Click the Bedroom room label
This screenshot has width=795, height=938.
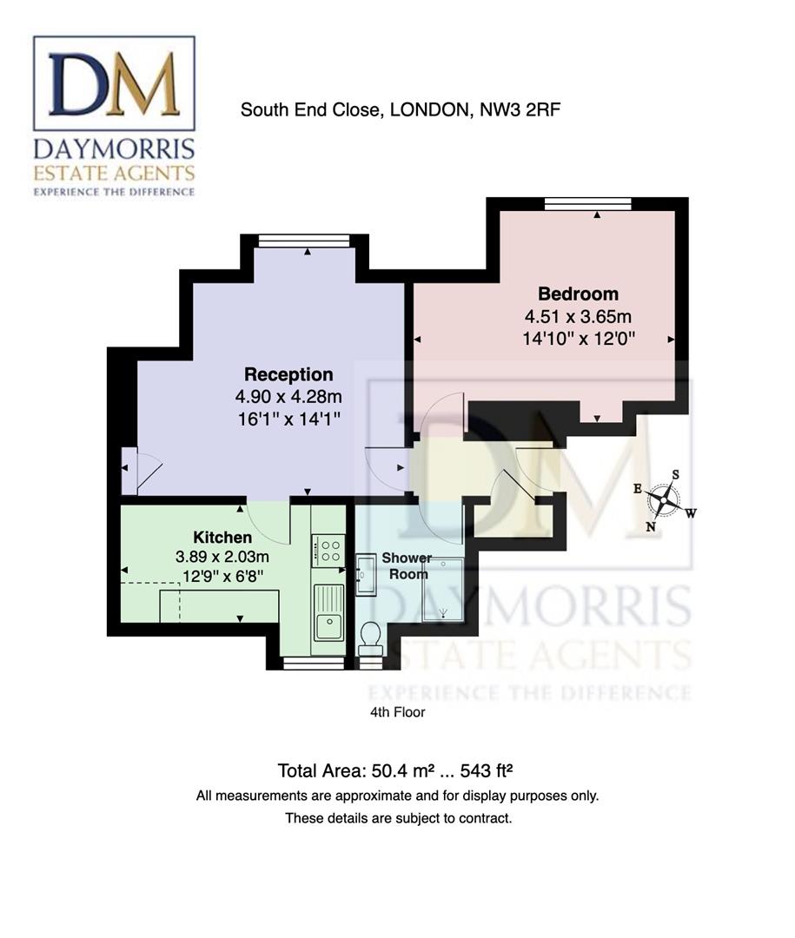(x=578, y=294)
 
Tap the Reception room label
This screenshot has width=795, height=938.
(x=288, y=375)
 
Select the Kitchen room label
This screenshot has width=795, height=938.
(x=222, y=538)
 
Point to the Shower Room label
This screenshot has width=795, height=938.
(x=407, y=565)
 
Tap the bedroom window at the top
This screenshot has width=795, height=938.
(x=588, y=203)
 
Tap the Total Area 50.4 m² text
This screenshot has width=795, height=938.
(x=399, y=770)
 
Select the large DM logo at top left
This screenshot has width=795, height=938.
(x=114, y=83)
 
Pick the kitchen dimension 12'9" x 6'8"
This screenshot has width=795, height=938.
(x=222, y=574)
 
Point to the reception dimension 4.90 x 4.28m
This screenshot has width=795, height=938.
(x=288, y=397)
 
